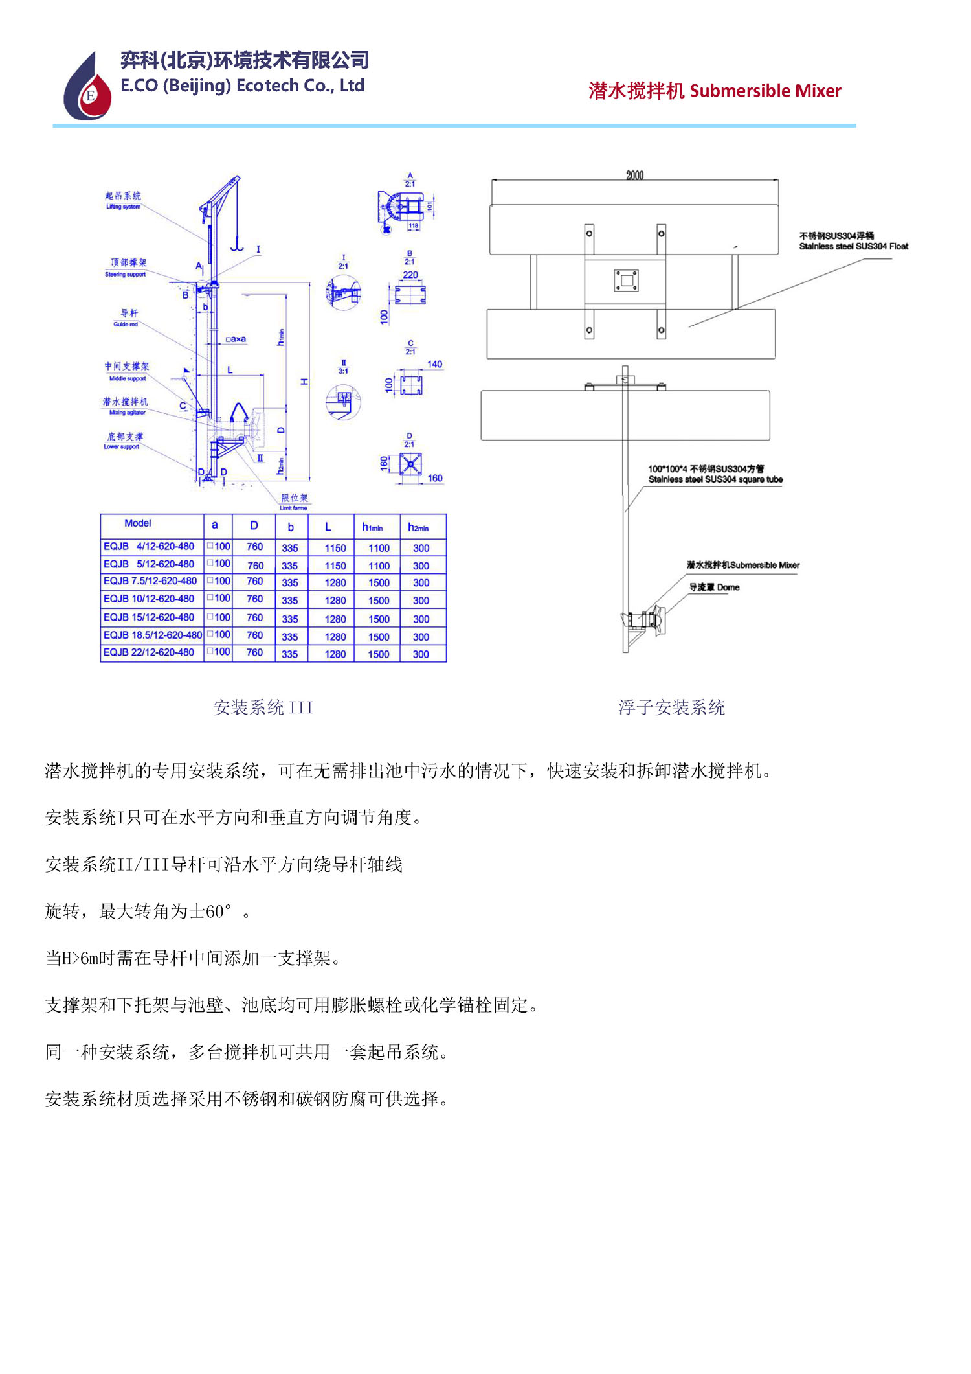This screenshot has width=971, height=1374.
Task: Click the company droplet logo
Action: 88,88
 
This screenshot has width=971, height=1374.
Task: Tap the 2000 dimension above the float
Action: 634,175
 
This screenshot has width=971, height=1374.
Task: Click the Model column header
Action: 137,523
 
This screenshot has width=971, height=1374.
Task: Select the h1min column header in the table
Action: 372,527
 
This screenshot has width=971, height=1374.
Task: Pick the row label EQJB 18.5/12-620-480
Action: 152,635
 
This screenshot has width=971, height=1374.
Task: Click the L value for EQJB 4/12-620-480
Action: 335,548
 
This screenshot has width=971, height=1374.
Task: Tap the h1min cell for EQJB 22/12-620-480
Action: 379,654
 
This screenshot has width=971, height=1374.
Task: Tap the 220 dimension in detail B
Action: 410,275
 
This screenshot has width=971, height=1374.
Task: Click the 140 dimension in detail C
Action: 434,364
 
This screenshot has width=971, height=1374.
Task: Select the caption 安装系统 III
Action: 263,707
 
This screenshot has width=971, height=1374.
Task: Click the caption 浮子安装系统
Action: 671,707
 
